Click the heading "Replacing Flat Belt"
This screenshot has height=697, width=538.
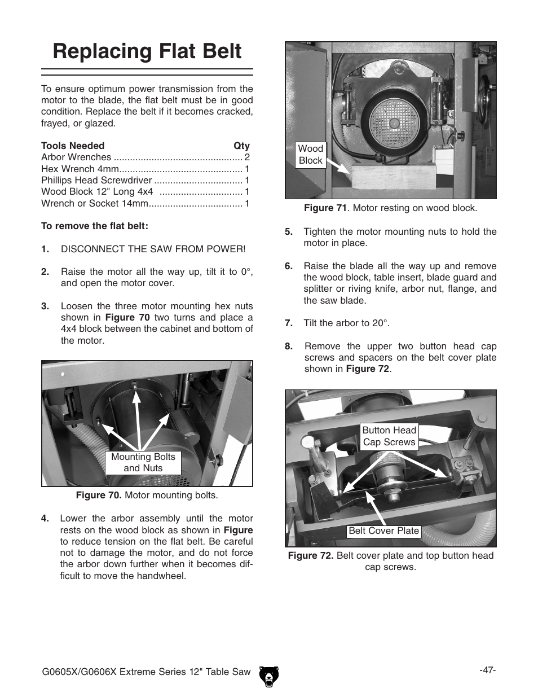click(147, 51)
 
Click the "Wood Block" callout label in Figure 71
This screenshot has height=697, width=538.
click(311, 155)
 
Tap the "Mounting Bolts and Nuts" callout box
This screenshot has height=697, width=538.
click(143, 462)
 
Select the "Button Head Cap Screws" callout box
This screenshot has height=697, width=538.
click(389, 436)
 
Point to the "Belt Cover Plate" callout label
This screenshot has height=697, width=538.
click(383, 531)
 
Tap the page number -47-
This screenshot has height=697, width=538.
click(487, 670)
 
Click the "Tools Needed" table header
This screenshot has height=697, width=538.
click(73, 146)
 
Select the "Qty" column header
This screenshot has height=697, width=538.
click(241, 146)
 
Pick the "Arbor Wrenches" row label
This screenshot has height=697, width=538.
click(76, 157)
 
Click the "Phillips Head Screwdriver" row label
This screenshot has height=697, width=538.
click(96, 181)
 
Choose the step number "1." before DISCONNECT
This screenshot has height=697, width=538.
click(45, 249)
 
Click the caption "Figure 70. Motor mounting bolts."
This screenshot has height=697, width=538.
click(147, 496)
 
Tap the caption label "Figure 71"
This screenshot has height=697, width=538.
click(325, 208)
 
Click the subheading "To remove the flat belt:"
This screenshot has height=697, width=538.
click(95, 226)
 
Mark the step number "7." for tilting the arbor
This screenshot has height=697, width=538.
click(289, 323)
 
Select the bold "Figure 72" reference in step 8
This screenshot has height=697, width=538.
click(368, 369)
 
